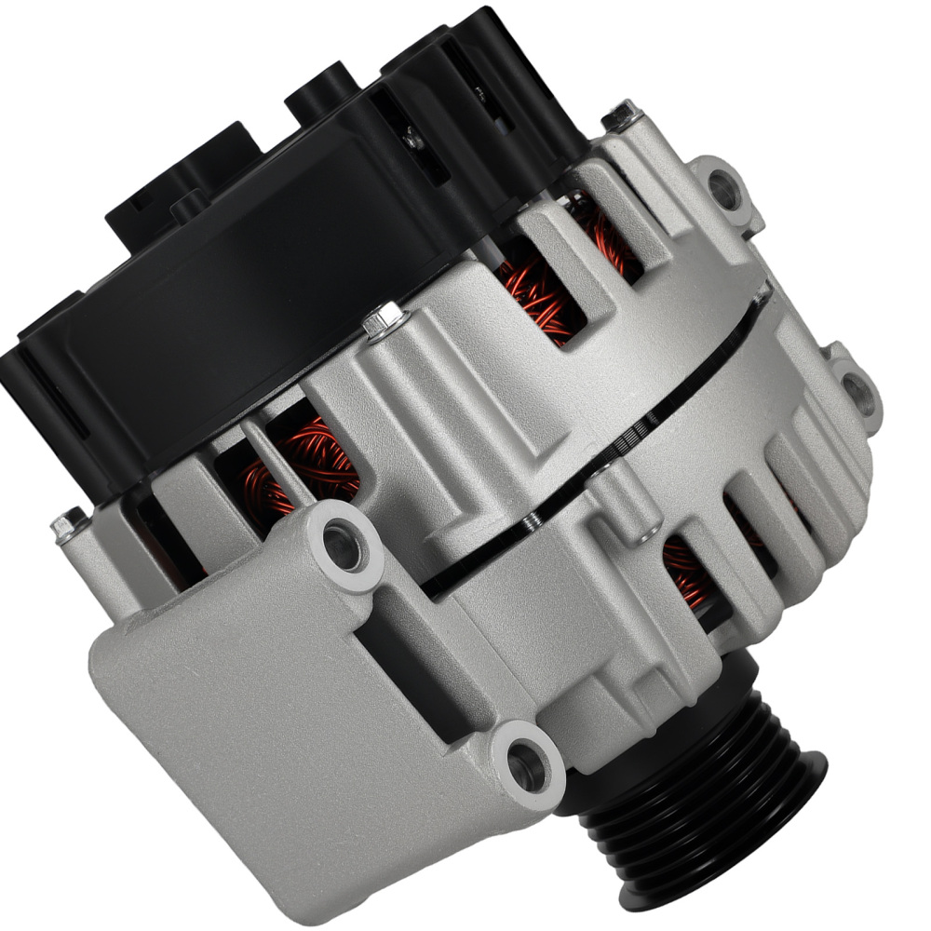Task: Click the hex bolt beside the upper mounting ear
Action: coord(620,117)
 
